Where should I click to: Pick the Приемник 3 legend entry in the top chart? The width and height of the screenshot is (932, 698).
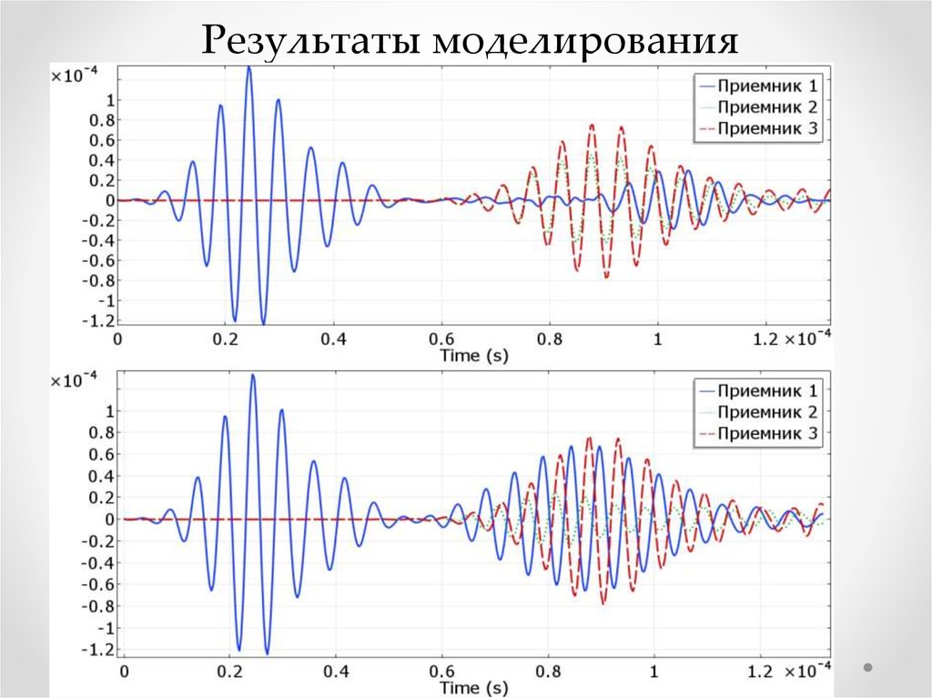(761, 128)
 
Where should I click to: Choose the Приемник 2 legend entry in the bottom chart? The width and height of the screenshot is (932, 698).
(761, 412)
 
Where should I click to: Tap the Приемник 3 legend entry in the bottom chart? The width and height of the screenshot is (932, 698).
(761, 433)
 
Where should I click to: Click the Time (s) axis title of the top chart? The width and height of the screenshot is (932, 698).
(474, 355)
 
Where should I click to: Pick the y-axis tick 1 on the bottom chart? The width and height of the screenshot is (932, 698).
(109, 411)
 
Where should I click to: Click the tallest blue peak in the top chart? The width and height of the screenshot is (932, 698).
(248, 68)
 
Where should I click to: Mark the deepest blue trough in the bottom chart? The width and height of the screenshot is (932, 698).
(267, 652)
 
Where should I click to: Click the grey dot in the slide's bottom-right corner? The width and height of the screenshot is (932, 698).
(866, 667)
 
